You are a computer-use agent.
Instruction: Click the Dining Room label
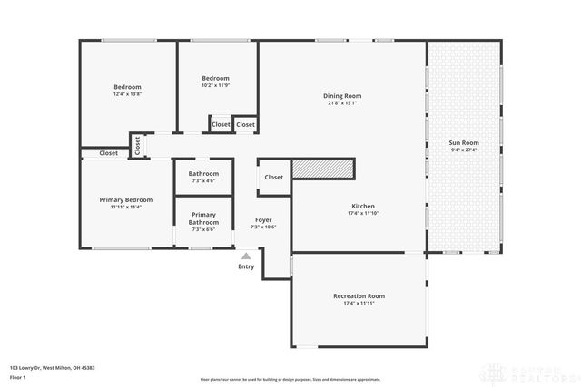(x=342, y=96)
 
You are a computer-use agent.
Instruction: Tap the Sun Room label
(x=464, y=143)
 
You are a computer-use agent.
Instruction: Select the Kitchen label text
(x=362, y=206)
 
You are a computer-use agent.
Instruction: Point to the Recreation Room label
(x=359, y=295)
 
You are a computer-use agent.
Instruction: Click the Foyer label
(x=263, y=219)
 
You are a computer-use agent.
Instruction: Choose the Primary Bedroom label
(x=126, y=199)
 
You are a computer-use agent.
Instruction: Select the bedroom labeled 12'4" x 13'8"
(x=127, y=88)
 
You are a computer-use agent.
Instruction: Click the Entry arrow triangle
(x=246, y=256)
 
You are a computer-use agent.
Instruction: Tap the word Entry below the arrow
(x=246, y=266)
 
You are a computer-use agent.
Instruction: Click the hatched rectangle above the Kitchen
(x=322, y=168)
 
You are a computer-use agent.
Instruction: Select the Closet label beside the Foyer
(x=273, y=178)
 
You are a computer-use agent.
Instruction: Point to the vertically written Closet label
(x=137, y=145)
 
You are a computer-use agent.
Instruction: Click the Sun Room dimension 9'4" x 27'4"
(x=464, y=150)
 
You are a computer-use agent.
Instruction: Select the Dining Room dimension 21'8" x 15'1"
(x=342, y=102)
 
